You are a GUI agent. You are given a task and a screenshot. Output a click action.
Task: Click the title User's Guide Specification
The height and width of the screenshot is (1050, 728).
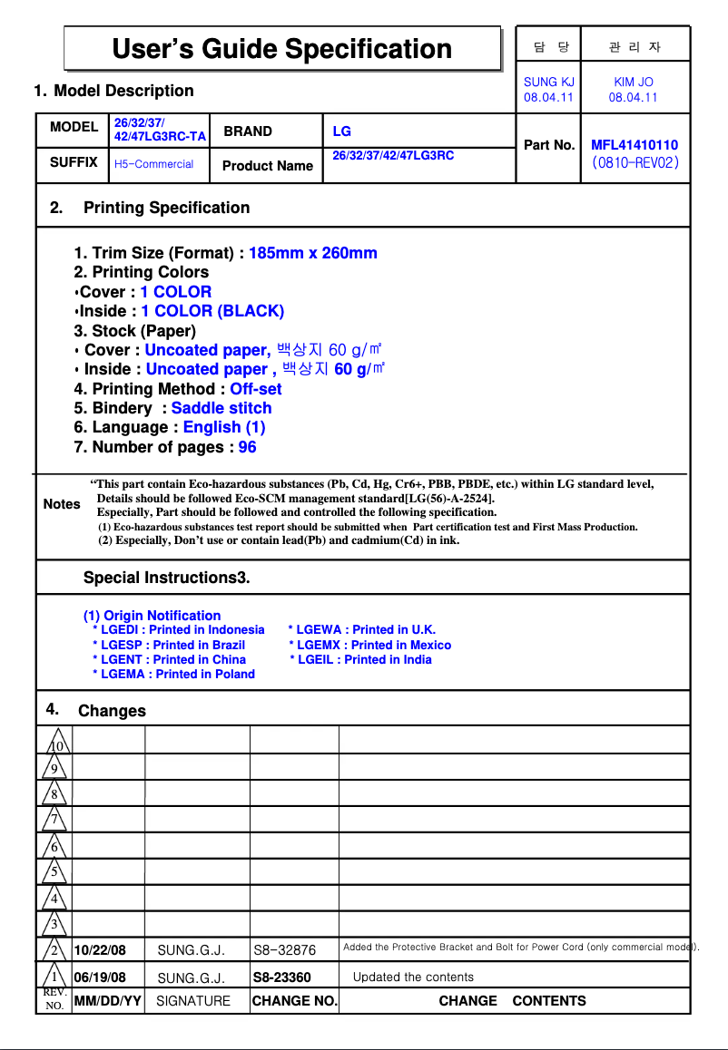click(x=281, y=48)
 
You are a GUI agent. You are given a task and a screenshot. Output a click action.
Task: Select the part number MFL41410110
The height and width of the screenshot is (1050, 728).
click(x=634, y=145)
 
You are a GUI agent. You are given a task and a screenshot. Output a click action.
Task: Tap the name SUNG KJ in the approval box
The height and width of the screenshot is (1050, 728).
click(x=548, y=82)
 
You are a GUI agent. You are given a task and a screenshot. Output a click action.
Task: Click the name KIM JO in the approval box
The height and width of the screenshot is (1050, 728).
click(x=633, y=82)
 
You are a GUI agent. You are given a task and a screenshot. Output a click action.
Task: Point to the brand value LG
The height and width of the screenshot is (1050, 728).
click(x=341, y=131)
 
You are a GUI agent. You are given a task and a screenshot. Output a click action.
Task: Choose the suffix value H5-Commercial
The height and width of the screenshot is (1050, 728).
click(x=153, y=164)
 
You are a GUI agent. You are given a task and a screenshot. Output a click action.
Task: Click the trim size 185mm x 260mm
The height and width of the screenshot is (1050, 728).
click(x=312, y=253)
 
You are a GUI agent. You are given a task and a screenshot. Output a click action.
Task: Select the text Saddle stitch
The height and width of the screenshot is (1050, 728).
click(x=221, y=408)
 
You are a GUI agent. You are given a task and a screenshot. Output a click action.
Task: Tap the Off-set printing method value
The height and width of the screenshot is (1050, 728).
click(x=255, y=389)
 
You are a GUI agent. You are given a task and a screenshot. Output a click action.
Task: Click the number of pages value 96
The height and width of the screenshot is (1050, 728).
click(x=247, y=447)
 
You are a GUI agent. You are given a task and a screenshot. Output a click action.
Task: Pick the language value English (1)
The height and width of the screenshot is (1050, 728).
click(x=224, y=427)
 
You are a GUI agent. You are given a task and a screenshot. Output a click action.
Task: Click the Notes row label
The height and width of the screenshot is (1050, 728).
click(x=62, y=504)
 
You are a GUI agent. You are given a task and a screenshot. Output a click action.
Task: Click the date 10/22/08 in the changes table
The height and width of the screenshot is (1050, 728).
click(x=100, y=950)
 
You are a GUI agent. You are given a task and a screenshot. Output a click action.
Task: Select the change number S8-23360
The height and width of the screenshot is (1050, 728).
click(x=281, y=977)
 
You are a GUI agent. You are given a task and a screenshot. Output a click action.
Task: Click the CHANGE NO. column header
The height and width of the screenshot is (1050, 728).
click(x=294, y=1001)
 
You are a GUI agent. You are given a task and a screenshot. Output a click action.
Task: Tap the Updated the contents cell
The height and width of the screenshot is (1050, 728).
click(x=413, y=977)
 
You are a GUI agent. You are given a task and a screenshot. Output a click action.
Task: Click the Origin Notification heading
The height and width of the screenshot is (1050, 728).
click(x=152, y=616)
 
